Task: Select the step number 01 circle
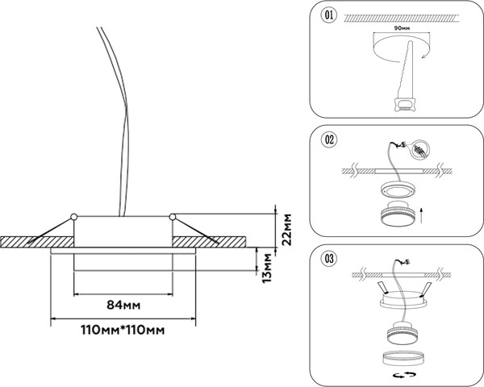click(329, 15)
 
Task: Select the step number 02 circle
click(329, 139)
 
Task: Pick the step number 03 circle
click(329, 259)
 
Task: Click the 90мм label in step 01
click(402, 27)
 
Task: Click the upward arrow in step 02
click(424, 214)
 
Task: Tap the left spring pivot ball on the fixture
click(73, 215)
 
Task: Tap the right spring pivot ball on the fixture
click(173, 215)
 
